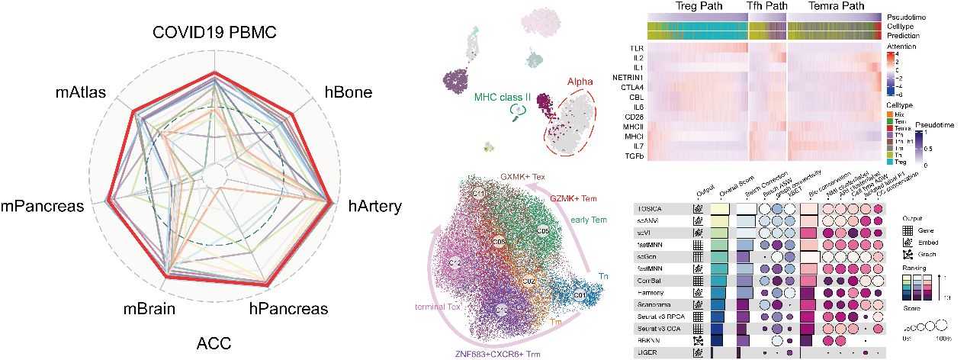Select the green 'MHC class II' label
point(503,98)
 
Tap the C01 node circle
point(580,295)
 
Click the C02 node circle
point(528,281)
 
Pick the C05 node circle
point(543,230)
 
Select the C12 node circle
point(455,263)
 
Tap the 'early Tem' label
point(589,220)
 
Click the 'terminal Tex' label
point(439,307)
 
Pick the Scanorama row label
point(652,304)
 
